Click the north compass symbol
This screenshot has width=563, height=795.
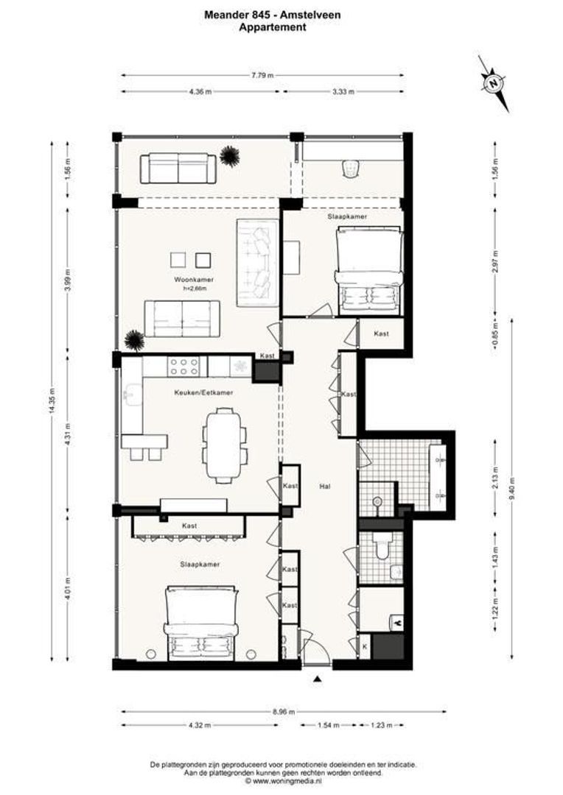tap(493, 83)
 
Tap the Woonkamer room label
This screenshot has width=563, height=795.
tap(189, 280)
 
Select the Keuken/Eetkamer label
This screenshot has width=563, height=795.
tap(199, 392)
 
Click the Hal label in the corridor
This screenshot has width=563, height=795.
tap(324, 487)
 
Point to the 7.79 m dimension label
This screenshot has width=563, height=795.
tap(262, 74)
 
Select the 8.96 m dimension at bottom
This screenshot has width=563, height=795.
tap(282, 712)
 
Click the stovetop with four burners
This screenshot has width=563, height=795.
tap(183, 365)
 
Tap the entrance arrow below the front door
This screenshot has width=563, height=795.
tap(318, 679)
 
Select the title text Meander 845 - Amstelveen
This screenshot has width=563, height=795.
tap(273, 13)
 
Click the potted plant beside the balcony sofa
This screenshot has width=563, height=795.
tap(229, 156)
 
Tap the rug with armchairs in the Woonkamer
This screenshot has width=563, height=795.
tap(256, 262)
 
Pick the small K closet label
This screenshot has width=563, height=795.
tap(365, 646)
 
